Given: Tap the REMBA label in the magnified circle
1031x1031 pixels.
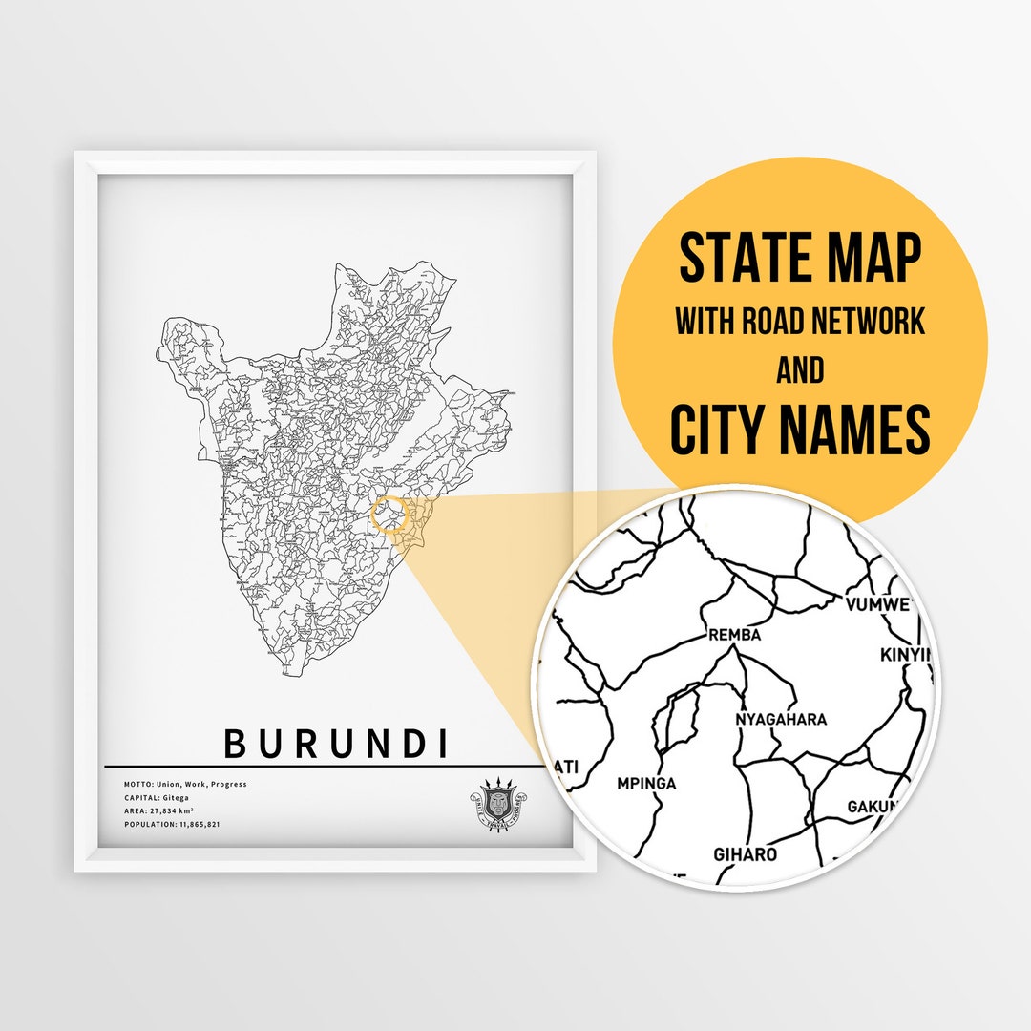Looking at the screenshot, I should click(x=734, y=634).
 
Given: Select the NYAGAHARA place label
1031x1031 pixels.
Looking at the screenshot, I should click(x=781, y=719).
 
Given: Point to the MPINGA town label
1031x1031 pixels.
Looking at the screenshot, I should click(x=646, y=784).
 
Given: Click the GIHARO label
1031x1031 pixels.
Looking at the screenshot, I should click(x=746, y=854).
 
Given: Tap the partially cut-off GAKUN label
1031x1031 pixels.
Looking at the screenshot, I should click(x=873, y=807).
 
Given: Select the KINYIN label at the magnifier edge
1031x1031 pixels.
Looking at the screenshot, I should click(x=903, y=655).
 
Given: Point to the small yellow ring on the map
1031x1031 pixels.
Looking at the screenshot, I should click(x=389, y=514).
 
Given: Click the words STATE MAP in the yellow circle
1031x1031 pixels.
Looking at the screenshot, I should click(x=800, y=259).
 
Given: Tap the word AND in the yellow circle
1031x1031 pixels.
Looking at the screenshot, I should click(x=800, y=370).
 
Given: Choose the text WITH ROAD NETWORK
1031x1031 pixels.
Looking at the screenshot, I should click(x=800, y=322).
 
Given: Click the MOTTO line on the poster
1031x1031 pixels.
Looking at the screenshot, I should click(x=185, y=784).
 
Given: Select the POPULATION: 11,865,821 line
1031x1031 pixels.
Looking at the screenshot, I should click(x=172, y=823).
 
